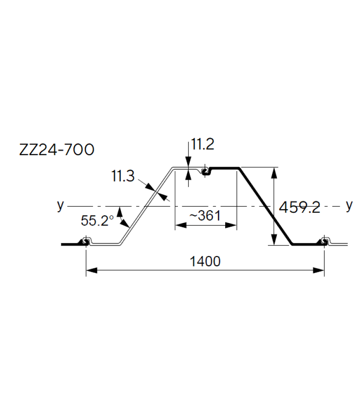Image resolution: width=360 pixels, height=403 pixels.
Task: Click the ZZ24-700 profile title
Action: click(x=57, y=150)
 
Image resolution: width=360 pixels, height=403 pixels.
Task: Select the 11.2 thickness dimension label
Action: click(x=203, y=145)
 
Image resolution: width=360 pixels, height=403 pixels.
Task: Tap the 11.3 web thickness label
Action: click(x=123, y=175)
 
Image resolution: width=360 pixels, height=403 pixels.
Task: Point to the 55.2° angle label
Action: click(x=97, y=221)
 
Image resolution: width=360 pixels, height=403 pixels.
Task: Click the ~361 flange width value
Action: click(x=205, y=215)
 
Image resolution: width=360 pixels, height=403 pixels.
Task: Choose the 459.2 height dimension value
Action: click(x=299, y=207)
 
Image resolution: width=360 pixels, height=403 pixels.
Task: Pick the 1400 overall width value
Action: click(x=205, y=261)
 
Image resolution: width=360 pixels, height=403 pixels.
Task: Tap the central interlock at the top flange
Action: click(x=205, y=172)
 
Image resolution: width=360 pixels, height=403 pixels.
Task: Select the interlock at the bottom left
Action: click(x=86, y=242)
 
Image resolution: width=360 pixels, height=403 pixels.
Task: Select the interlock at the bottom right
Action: click(x=324, y=242)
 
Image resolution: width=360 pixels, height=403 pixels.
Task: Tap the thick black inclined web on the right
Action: click(x=265, y=206)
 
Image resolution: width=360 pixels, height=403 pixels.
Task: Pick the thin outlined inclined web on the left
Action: click(x=146, y=206)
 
